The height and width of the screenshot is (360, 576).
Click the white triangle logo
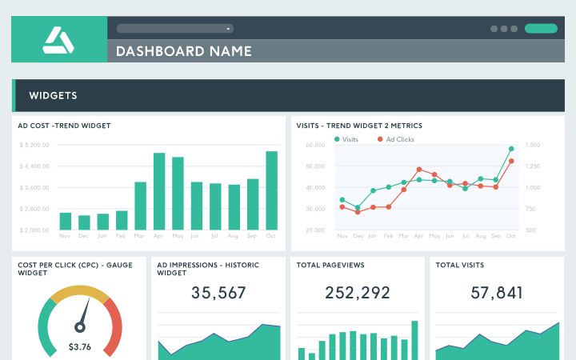tap(58, 39)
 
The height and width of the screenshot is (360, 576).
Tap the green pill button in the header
tap(541, 28)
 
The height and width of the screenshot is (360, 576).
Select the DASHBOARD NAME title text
tap(184, 51)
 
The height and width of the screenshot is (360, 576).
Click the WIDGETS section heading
tap(53, 95)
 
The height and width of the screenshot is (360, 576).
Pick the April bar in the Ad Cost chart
tap(159, 191)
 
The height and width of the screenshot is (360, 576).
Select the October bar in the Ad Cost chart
tap(271, 190)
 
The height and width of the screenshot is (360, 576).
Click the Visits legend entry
tap(347, 139)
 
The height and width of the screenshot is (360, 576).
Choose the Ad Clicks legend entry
tap(395, 139)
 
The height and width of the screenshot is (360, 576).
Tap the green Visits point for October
tap(511, 149)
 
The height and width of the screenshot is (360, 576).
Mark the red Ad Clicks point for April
tap(419, 170)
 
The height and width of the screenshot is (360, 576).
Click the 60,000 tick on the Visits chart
tap(315, 145)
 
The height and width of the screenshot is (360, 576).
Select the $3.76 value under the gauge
tap(79, 346)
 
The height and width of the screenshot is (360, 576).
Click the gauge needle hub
tap(79, 326)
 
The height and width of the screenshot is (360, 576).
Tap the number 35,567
tap(218, 293)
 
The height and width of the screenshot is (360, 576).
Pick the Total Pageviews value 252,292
tap(358, 293)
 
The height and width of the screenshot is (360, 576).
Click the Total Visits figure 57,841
tap(497, 293)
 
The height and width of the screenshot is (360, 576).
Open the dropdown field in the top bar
tap(174, 28)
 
